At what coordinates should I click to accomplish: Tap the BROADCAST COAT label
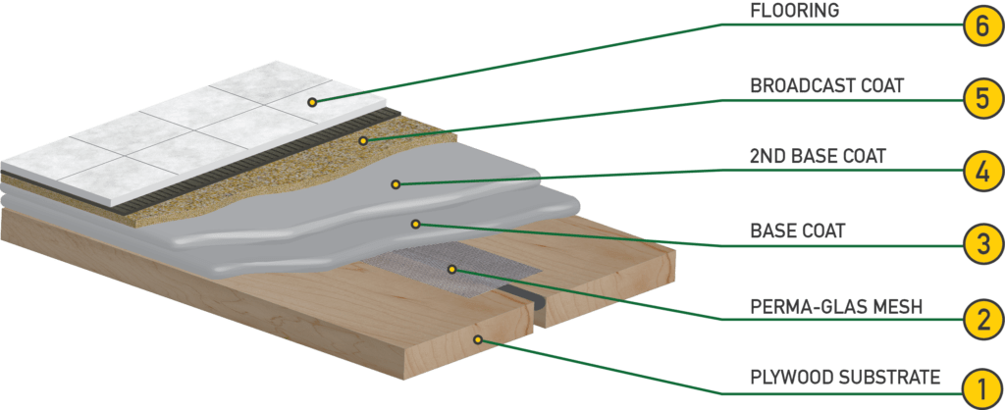tap(826, 85)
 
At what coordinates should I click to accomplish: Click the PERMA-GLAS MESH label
tap(836, 307)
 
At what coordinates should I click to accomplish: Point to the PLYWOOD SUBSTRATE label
tap(845, 377)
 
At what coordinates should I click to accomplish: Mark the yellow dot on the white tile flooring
tap(311, 101)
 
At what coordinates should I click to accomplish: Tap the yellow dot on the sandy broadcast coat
tap(363, 139)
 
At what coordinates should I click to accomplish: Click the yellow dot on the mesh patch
tap(451, 270)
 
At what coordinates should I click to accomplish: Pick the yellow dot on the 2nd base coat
tap(396, 184)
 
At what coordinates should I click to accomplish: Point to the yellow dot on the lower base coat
tap(416, 225)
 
